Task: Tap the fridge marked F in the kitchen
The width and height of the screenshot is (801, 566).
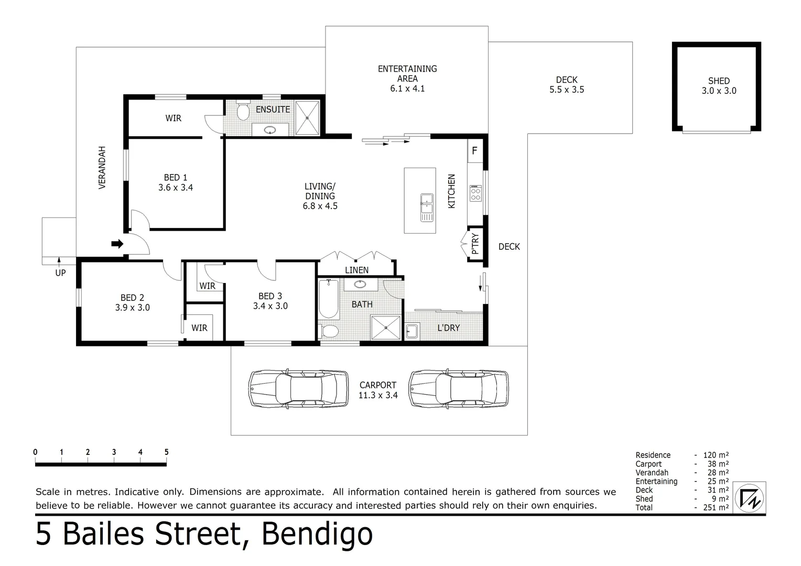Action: click(x=474, y=151)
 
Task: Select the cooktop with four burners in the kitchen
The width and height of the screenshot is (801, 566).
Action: click(x=475, y=193)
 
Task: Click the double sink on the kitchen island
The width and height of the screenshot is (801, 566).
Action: click(x=427, y=206)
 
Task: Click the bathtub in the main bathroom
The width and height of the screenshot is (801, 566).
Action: click(x=329, y=299)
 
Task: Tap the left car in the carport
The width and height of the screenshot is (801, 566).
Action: click(x=298, y=389)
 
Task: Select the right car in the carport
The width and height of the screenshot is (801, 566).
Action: click(x=459, y=389)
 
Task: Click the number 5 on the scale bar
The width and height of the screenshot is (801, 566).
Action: click(x=166, y=452)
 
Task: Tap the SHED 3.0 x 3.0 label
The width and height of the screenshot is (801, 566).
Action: click(x=719, y=86)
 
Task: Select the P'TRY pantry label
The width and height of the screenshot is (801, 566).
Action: click(x=475, y=244)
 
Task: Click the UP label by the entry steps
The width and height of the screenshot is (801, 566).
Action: click(x=60, y=273)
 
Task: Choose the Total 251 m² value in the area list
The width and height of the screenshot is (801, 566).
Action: click(x=716, y=507)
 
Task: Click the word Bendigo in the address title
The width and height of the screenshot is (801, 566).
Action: click(x=317, y=534)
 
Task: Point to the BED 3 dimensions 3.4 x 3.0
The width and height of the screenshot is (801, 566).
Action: click(x=270, y=306)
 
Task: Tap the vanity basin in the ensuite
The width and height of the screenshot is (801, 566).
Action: click(x=270, y=130)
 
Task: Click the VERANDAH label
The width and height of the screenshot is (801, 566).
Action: click(x=102, y=168)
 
